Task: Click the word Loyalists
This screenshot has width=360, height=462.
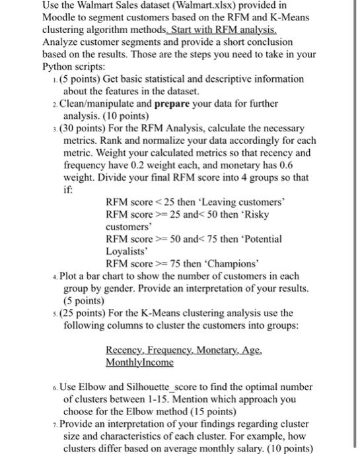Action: click(x=127, y=251)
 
